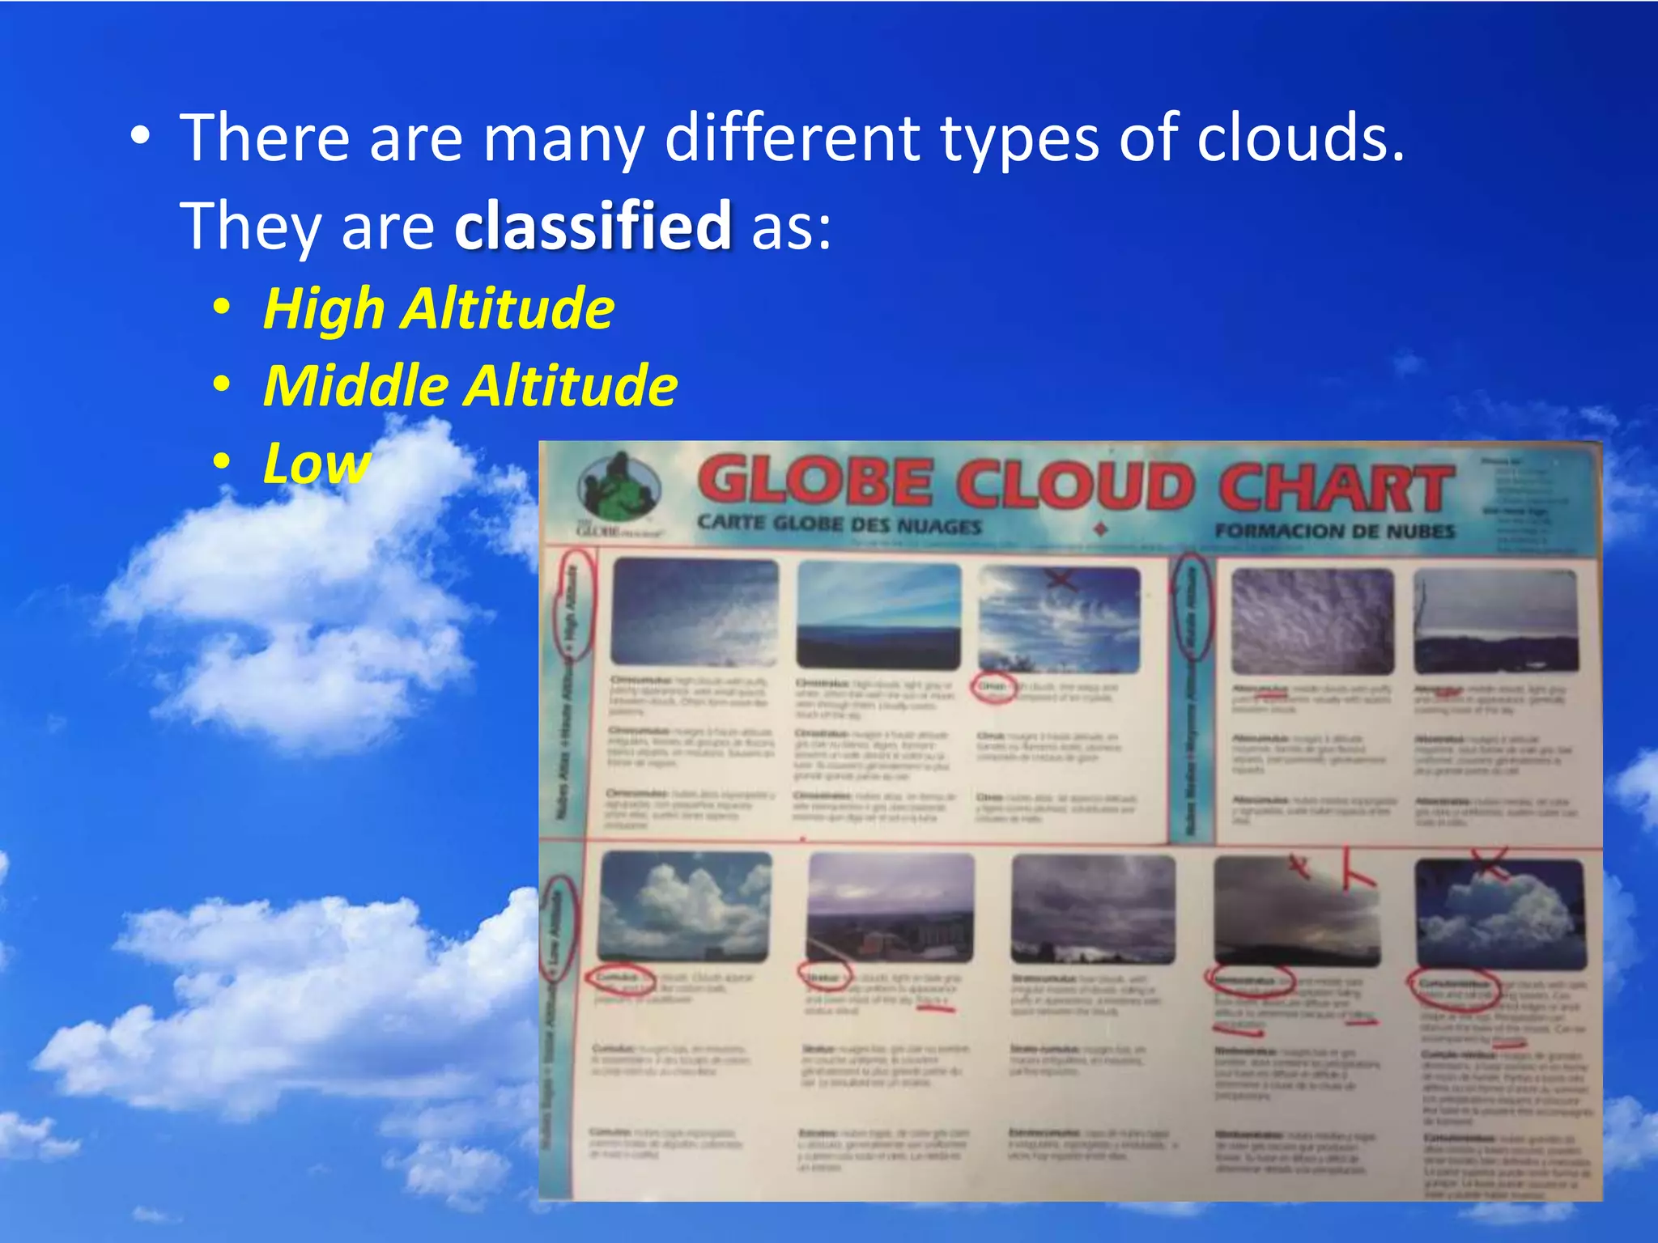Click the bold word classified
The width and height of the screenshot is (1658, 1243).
coord(593,226)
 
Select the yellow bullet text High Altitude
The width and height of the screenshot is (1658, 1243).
coord(439,309)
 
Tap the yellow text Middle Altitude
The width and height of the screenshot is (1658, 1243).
coord(470,385)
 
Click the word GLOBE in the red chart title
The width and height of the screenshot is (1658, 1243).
coord(814,483)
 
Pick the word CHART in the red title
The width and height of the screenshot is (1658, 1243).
coord(1335,488)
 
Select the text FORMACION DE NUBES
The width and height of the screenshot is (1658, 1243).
coord(1334,532)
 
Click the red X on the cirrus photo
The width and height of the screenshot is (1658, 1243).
coord(1061,579)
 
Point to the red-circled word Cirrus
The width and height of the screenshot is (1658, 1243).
coord(993,687)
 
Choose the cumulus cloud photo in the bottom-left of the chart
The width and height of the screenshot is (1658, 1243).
coord(685,906)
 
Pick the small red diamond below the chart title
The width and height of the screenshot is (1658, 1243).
coord(1100,530)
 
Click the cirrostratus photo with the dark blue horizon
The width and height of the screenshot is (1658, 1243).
coord(879,615)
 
